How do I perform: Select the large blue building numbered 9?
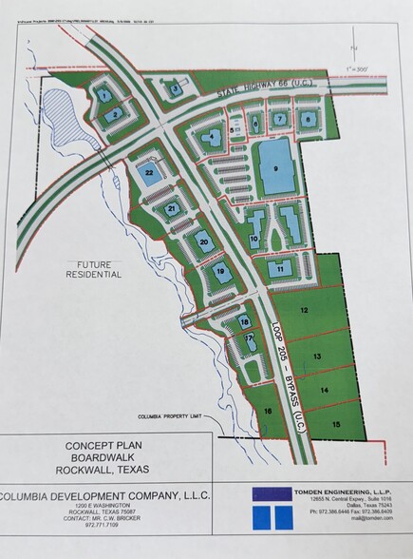pyautogui.click(x=275, y=168)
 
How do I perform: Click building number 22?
pyautogui.click(x=149, y=172)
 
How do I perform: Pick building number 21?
pyautogui.click(x=172, y=208)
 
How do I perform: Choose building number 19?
pyautogui.click(x=220, y=273)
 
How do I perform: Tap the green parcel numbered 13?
pyautogui.click(x=318, y=355)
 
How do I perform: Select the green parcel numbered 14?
pyautogui.click(x=325, y=390)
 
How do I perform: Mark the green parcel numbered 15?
pyautogui.click(x=336, y=423)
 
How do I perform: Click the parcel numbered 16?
pyautogui.click(x=268, y=411)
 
